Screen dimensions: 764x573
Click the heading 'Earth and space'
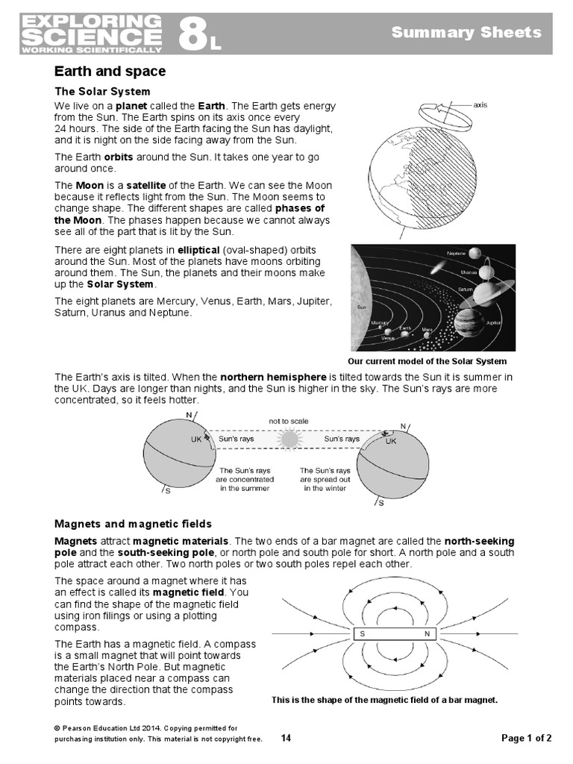click(110, 72)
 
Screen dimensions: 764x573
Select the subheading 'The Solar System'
click(102, 91)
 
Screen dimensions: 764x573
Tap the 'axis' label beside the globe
click(480, 105)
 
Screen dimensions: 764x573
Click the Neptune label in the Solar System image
click(456, 254)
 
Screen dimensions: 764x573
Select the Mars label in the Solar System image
click(427, 329)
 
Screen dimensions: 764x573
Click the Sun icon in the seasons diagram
click(289, 439)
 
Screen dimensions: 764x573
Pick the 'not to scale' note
click(289, 422)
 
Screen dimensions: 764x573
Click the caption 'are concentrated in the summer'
click(245, 479)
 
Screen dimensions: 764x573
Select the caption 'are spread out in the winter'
click(325, 479)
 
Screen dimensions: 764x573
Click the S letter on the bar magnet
click(363, 634)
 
